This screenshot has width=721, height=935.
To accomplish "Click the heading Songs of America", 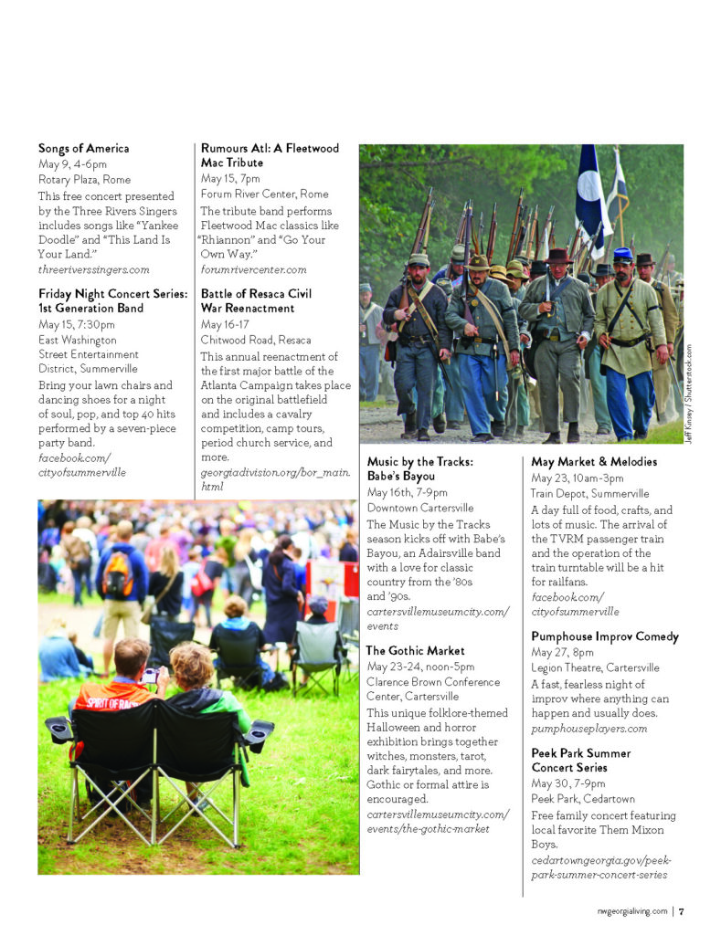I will [x=83, y=148].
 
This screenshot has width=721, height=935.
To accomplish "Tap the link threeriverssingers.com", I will [x=93, y=269].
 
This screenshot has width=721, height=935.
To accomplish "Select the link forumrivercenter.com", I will [x=253, y=269].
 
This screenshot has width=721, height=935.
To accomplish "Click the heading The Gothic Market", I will [x=415, y=651].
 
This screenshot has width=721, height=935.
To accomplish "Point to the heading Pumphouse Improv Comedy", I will [x=605, y=636].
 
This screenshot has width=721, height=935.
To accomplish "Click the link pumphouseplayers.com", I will [x=588, y=729].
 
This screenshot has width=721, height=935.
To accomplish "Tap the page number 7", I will [x=682, y=910].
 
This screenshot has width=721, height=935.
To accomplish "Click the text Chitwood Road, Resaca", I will [x=255, y=340].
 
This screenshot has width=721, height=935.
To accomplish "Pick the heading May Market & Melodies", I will [x=594, y=462].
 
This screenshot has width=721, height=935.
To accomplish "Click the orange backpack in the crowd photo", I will [x=117, y=575].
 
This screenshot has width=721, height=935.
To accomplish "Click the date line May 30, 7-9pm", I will [x=568, y=783].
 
